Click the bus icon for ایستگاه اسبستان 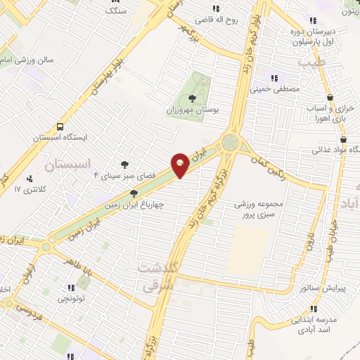60,128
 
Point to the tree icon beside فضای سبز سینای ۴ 124,163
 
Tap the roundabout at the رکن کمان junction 230,142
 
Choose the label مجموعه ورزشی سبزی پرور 260,210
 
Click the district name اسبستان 69,165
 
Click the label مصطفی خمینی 281,89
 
